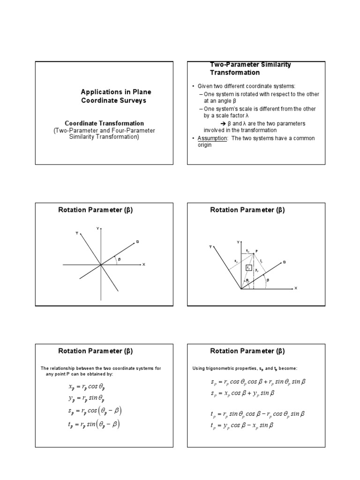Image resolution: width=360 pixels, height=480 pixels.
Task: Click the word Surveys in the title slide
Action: click(133, 100)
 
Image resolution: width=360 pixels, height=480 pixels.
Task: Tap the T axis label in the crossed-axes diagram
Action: click(76, 233)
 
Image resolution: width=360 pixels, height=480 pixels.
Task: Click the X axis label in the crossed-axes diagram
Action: click(143, 265)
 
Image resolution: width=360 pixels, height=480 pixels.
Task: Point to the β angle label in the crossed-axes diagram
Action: click(119, 259)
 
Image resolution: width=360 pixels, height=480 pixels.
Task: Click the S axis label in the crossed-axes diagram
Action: click(137, 242)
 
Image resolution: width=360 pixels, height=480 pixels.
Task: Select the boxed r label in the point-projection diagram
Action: click(249, 268)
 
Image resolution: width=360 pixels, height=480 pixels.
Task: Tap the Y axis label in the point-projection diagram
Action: click(238, 242)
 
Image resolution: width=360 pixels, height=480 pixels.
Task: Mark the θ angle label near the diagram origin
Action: click(247, 281)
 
